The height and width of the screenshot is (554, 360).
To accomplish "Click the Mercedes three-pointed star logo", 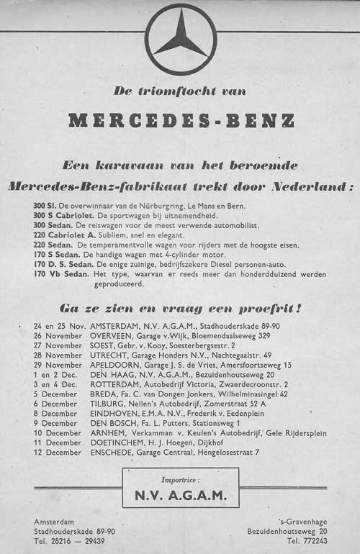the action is [x=180, y=39].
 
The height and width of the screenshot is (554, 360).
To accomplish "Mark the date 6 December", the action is [x=55, y=404].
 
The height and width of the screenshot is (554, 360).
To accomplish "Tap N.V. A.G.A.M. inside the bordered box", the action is [x=180, y=495].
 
